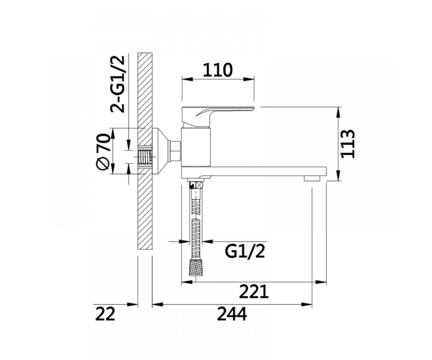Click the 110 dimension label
[x=218, y=69]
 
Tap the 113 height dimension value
[x=348, y=144]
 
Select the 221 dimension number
[x=254, y=292]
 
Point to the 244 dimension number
[x=232, y=314]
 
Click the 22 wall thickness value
[x=105, y=314]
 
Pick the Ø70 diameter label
[x=103, y=152]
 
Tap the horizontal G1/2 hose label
[x=245, y=251]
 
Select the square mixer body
[x=196, y=147]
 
